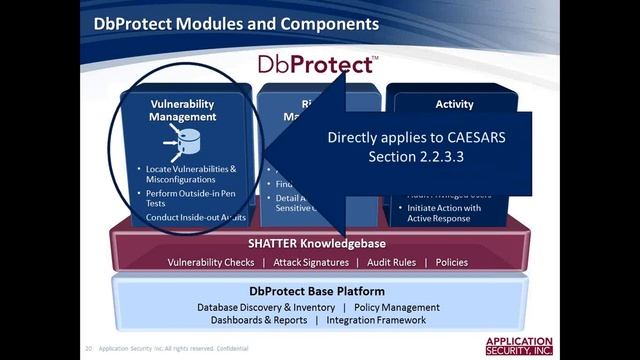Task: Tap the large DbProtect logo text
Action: [317, 65]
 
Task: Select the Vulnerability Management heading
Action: [182, 110]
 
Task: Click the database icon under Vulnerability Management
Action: [183, 141]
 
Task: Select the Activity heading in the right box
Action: [454, 104]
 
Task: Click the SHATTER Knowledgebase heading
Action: [316, 243]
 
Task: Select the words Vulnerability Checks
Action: [212, 262]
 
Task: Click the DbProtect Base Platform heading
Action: [317, 289]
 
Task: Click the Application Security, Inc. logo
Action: [518, 346]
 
